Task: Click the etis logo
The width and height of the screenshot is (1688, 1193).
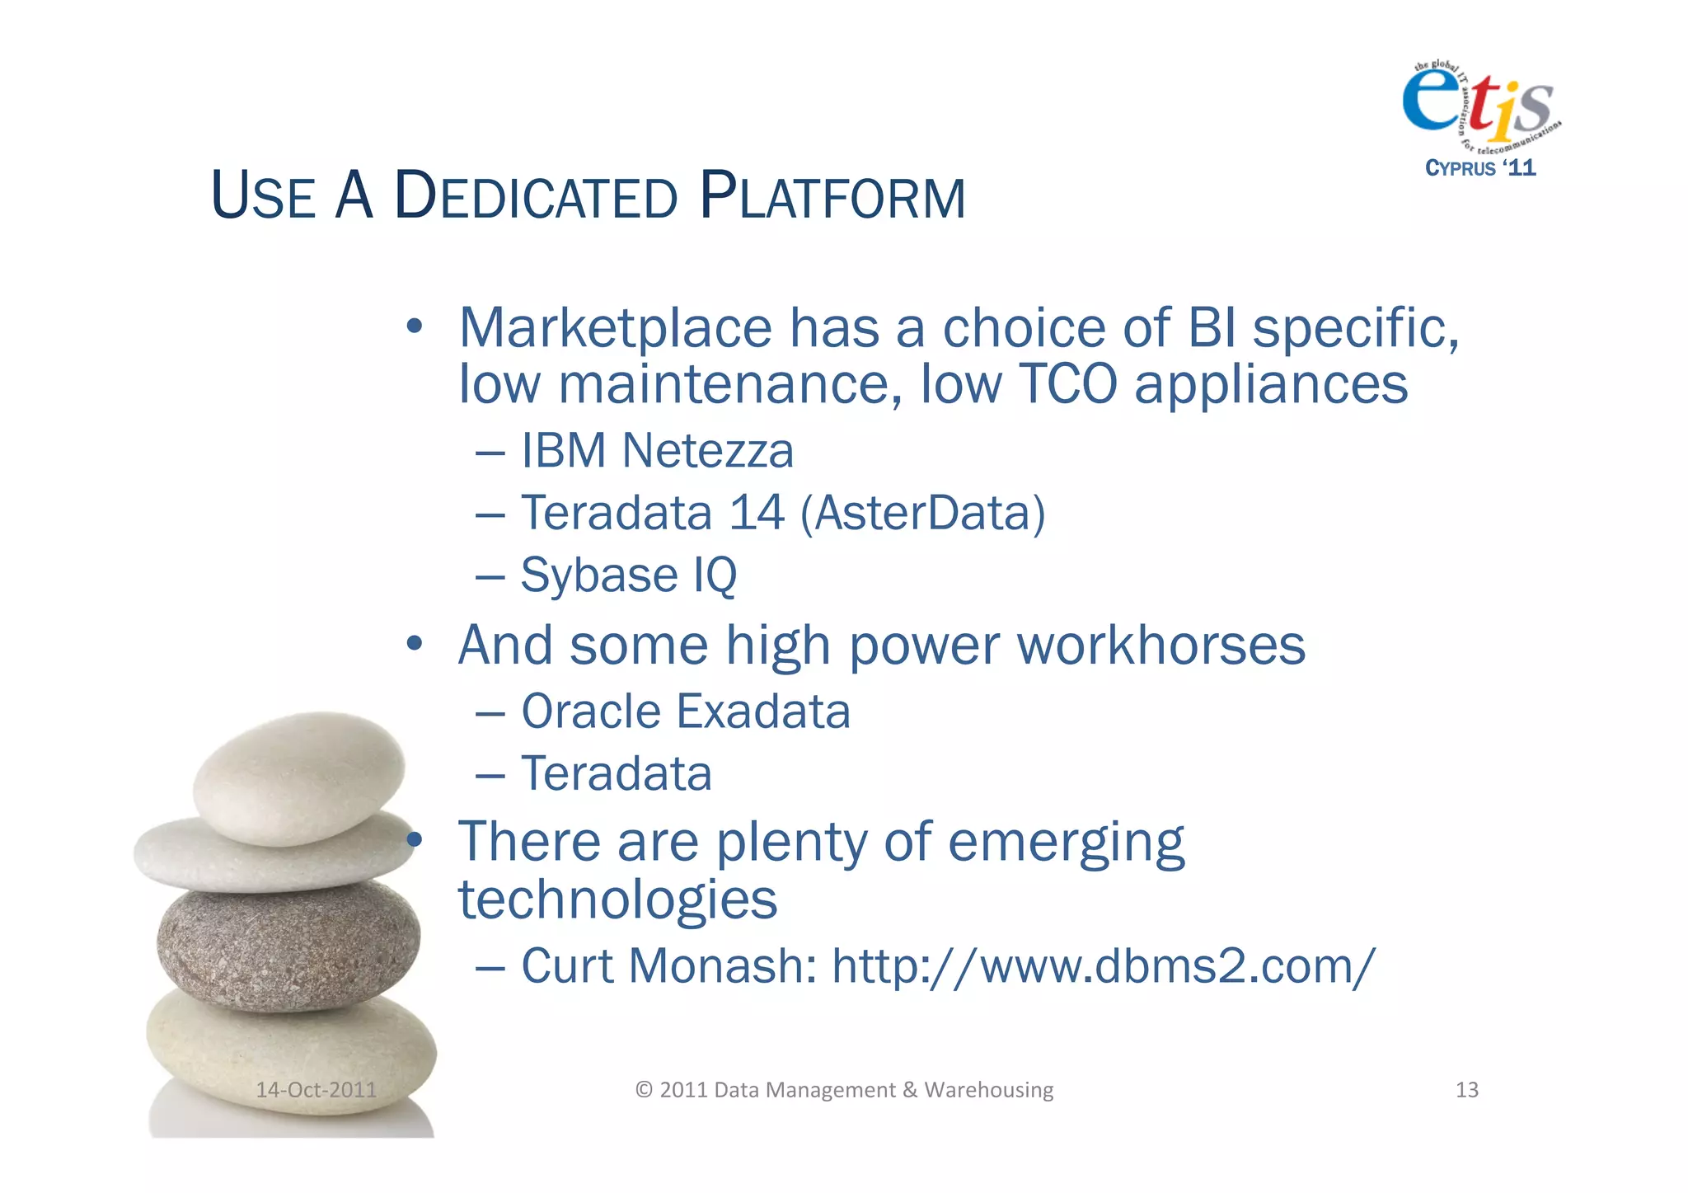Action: (1480, 103)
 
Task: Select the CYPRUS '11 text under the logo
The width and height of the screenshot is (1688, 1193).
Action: (1480, 168)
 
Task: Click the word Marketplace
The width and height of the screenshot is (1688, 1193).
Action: (615, 328)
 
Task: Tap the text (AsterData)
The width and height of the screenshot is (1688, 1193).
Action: (922, 513)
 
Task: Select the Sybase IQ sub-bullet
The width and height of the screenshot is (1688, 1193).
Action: (628, 575)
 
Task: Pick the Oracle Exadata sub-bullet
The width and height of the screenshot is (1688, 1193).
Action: (685, 712)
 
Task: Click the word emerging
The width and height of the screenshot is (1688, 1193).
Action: (1066, 843)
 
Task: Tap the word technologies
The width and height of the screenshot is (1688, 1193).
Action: (617, 899)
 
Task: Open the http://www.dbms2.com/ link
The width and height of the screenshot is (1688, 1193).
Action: (1103, 965)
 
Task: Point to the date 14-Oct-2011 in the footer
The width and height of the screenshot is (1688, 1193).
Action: (316, 1090)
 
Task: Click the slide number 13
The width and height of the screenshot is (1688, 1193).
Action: (1466, 1090)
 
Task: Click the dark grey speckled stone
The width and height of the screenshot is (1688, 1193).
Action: (288, 945)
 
